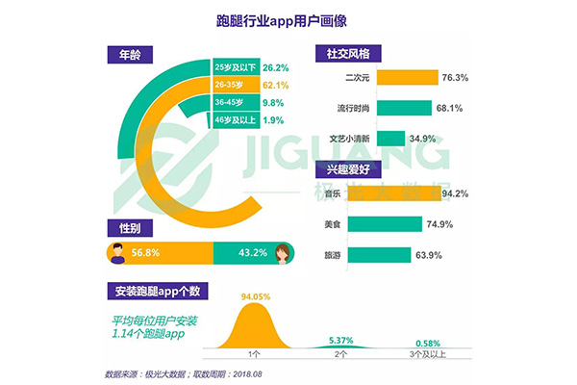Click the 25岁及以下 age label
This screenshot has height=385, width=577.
coord(237,67)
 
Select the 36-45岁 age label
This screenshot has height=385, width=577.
coord(230,103)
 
